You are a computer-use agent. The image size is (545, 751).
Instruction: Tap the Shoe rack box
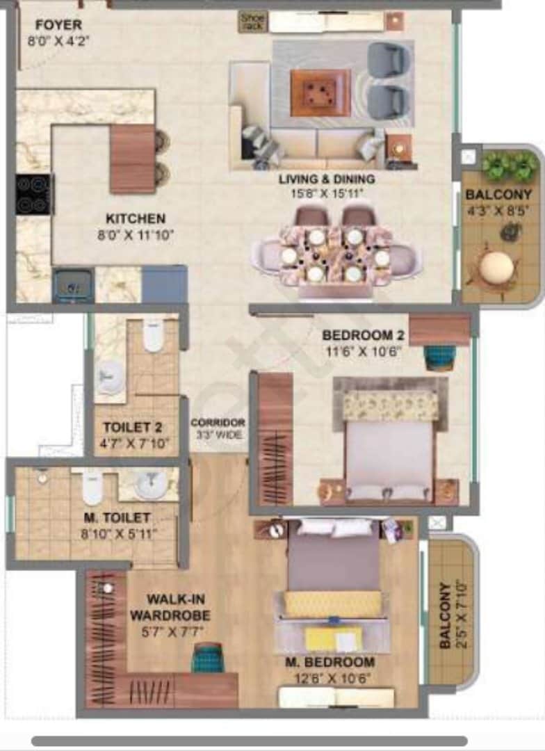[252, 21]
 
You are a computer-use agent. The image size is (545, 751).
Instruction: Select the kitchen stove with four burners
[33, 194]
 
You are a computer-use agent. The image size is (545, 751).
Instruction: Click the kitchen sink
[73, 285]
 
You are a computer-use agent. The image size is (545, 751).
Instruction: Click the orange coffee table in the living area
[320, 92]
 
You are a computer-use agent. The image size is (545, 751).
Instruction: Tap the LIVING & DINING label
[327, 179]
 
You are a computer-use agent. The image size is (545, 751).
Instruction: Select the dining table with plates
[336, 255]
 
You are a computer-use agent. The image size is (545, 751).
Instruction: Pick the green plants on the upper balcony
[510, 165]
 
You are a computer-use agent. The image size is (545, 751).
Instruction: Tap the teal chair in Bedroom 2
[439, 357]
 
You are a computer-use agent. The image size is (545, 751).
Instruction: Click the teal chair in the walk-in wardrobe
[208, 657]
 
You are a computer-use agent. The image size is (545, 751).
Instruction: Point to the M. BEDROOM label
[330, 661]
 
